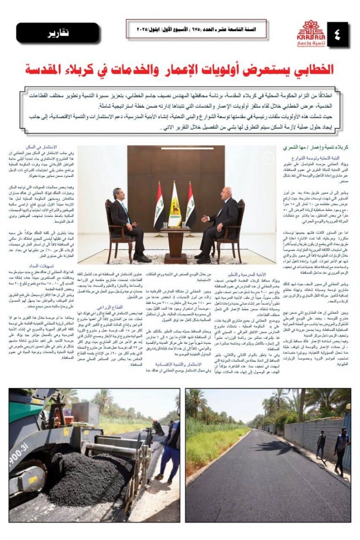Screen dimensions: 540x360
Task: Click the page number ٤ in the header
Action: pyautogui.click(x=334, y=35)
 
